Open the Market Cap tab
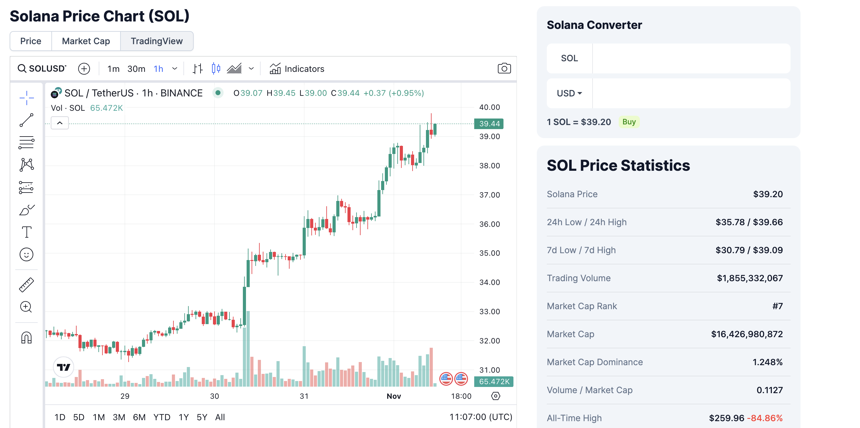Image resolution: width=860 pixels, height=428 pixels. point(86,41)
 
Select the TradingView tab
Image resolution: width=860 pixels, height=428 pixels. point(157,41)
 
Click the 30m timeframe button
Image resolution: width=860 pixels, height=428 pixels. point(136,69)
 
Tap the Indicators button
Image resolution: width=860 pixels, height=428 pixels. point(297,69)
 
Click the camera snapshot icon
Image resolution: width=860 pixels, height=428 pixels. point(504,68)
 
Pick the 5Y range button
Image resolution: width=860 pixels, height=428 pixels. point(202,417)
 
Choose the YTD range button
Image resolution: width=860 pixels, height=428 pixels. point(162,417)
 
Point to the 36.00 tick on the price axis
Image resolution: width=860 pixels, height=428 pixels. point(489,224)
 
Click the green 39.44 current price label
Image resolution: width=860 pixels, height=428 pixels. point(489,124)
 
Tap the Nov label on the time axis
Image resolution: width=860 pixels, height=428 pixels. point(394,396)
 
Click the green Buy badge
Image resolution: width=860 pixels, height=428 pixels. point(629,122)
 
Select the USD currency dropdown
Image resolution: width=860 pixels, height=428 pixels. point(569,93)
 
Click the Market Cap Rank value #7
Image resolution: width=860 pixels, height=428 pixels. point(777,306)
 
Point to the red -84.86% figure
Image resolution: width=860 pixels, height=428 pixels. point(764,418)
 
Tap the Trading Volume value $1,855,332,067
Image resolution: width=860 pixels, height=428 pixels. point(749,278)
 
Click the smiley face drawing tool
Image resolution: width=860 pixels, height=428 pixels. point(26,254)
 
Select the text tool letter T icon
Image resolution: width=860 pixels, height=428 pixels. point(26,232)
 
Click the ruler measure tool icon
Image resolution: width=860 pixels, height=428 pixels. point(26,285)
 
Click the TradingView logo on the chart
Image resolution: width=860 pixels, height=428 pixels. point(64,367)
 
